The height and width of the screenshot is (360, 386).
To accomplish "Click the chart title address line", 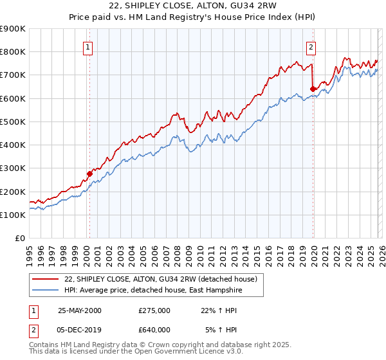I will click(192, 6).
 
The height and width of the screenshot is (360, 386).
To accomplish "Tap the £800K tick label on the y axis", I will click(13, 52).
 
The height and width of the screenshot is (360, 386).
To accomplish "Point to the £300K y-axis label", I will click(13, 168).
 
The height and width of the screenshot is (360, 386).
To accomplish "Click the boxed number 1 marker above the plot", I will click(87, 46).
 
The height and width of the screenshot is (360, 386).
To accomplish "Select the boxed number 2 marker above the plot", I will click(311, 46).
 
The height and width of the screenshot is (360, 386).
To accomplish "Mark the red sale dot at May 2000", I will click(90, 174).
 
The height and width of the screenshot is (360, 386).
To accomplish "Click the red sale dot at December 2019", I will click(313, 89).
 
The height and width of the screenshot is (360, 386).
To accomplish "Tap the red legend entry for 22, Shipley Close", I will click(161, 279).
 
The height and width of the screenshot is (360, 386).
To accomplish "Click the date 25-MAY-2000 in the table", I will click(79, 310).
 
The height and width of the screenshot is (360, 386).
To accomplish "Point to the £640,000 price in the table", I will click(154, 330).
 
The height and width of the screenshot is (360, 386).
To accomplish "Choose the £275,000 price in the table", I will click(154, 310).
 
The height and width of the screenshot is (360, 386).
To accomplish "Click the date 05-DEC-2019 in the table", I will click(79, 330).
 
